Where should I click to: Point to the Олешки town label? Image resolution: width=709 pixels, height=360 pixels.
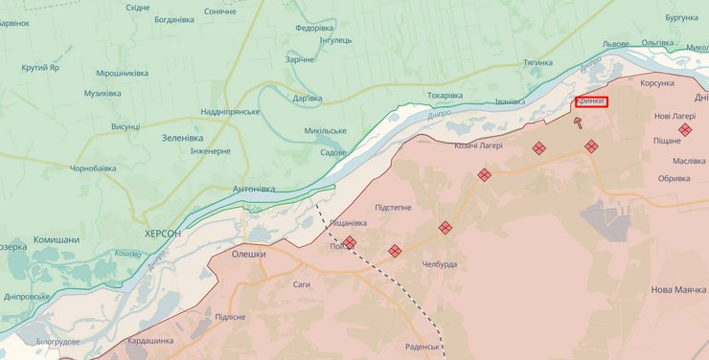coord(248,254)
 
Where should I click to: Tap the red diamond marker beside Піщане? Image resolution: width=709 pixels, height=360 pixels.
coord(685,129)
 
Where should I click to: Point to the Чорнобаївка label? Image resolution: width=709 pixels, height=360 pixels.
coord(93,169)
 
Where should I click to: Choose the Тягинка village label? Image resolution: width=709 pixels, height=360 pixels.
coord(537,63)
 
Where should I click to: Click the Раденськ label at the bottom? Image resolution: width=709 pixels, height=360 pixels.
coord(422,346)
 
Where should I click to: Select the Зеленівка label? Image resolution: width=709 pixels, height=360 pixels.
coord(182,138)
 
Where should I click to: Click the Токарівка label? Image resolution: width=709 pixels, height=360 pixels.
coord(445,96)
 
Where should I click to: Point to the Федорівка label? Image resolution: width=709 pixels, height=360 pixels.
coord(314,28)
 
